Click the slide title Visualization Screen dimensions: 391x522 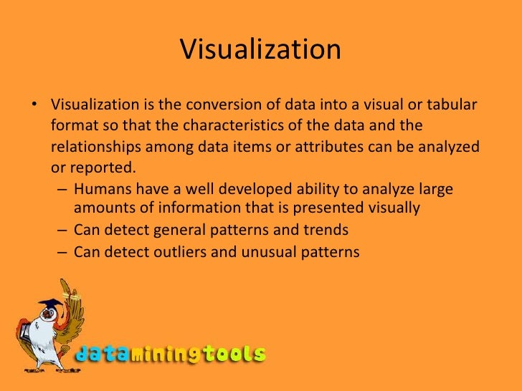click(260, 50)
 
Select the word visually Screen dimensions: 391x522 click(391, 208)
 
